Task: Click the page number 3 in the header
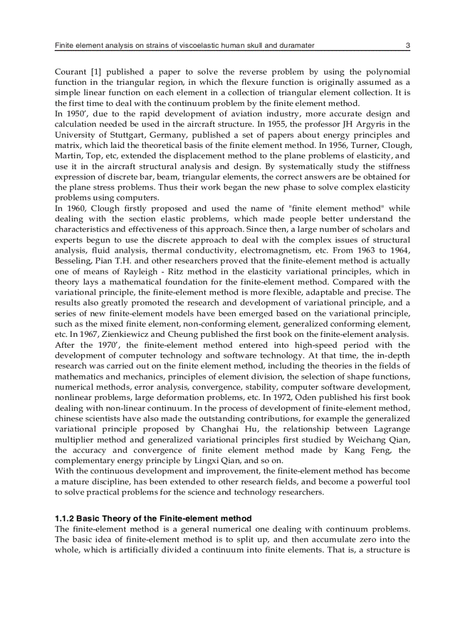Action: click(407, 45)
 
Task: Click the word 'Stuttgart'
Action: click(126, 135)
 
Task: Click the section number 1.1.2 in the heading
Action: click(64, 519)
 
